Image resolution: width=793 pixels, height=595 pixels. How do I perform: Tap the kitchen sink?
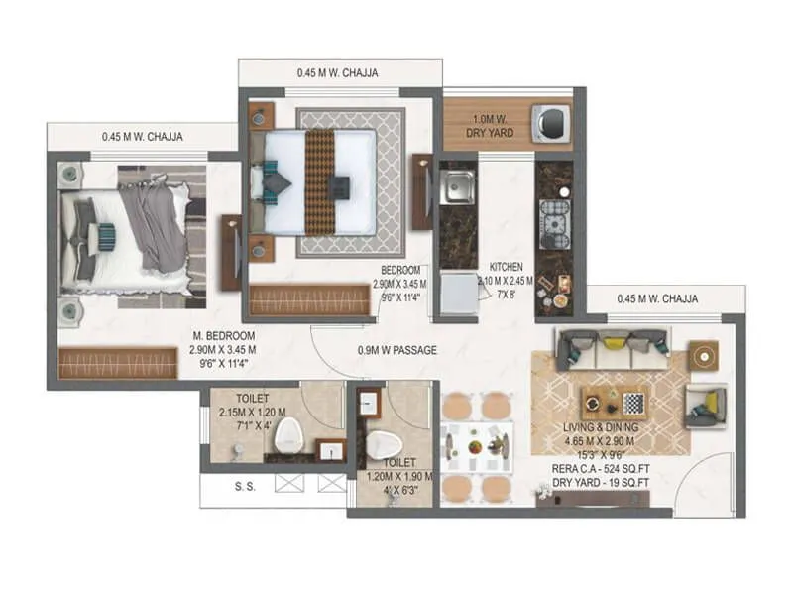click(x=457, y=185)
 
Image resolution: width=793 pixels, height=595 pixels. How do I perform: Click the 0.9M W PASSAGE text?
click(x=397, y=349)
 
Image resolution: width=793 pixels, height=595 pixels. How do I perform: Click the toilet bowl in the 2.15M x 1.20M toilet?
click(x=288, y=432)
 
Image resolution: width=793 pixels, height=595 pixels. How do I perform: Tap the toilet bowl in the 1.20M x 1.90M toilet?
click(x=381, y=447)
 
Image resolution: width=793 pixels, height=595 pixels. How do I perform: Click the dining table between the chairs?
click(x=477, y=445)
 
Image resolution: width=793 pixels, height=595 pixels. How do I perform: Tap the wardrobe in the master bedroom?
click(x=118, y=363)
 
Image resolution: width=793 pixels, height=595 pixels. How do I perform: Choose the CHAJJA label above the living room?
click(x=657, y=298)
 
